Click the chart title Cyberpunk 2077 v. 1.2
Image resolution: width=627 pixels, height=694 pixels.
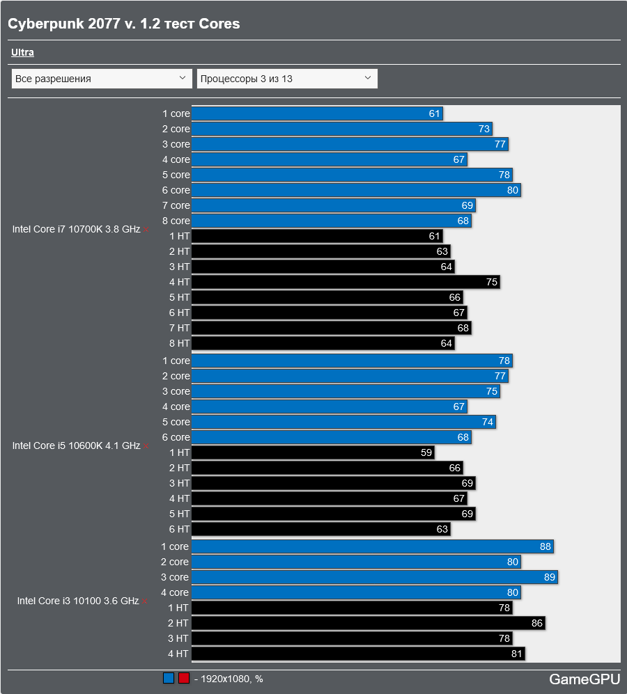coord(123,24)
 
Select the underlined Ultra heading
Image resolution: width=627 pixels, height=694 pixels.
coord(22,52)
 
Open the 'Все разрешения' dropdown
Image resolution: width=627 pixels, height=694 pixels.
coord(102,79)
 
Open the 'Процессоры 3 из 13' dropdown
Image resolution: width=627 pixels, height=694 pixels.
coord(287,79)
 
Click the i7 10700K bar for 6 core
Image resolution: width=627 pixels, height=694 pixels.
coord(355,190)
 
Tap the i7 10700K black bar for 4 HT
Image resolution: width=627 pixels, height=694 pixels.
coord(345,282)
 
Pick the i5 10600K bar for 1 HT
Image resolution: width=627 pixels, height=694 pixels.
coord(311,452)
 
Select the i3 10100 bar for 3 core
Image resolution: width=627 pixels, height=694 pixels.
coord(374,577)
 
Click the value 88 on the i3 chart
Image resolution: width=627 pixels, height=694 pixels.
coord(545,547)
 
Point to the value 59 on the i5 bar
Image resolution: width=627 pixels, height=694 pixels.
coord(426,452)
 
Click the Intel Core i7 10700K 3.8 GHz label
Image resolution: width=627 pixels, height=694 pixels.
coord(76,229)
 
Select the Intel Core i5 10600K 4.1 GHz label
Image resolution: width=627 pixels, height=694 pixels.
coord(76,445)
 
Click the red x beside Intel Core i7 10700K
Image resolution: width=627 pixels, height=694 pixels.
coord(146,230)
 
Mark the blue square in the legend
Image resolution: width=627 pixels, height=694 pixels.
coord(169,679)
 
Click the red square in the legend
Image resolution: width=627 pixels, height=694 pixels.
coord(184,679)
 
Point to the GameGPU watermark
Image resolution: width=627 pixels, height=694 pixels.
coord(584,679)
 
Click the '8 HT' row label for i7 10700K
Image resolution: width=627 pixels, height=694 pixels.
coord(179,343)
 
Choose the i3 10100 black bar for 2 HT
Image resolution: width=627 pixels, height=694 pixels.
coord(367,623)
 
